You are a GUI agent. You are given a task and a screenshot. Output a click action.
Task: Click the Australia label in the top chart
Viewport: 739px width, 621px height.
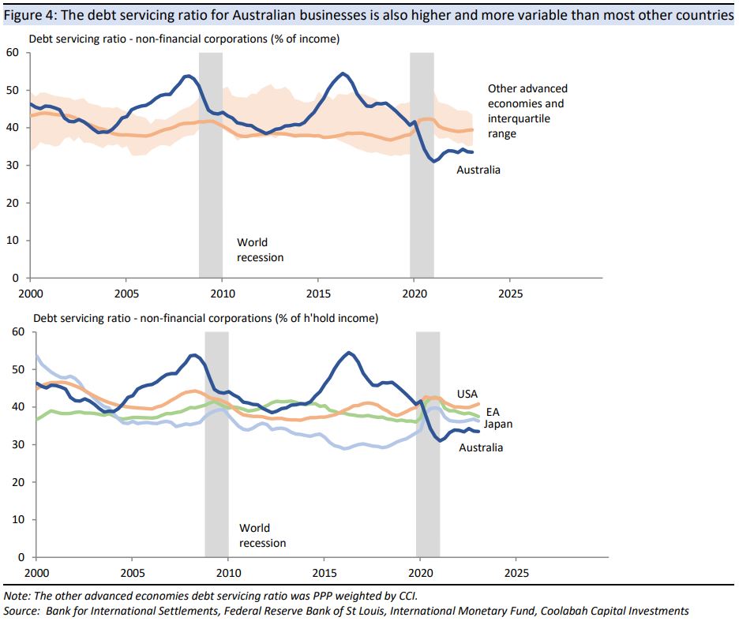478,170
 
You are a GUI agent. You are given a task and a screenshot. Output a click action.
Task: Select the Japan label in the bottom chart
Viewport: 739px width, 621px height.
498,425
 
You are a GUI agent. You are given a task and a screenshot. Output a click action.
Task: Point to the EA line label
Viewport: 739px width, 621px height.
491,411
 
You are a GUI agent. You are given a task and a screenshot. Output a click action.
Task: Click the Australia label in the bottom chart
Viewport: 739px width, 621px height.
481,447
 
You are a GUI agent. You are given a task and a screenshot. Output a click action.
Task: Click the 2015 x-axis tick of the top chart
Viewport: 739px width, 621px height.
317,293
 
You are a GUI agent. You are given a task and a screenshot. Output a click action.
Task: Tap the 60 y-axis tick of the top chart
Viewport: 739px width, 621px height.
13,53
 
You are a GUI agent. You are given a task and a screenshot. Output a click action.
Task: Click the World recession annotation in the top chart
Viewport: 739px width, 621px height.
260,250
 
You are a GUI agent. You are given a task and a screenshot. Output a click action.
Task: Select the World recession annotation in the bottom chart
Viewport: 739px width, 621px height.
262,536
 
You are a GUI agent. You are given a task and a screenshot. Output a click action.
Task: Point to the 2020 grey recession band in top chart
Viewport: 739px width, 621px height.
422,165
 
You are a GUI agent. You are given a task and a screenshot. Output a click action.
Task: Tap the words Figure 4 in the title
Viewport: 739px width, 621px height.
28,12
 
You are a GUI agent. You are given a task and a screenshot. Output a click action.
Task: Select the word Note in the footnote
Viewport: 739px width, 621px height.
17,596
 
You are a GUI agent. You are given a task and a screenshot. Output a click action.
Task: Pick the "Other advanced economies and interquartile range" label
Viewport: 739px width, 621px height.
527,111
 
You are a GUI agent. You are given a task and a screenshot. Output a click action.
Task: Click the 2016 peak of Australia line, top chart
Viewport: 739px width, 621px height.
342,74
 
